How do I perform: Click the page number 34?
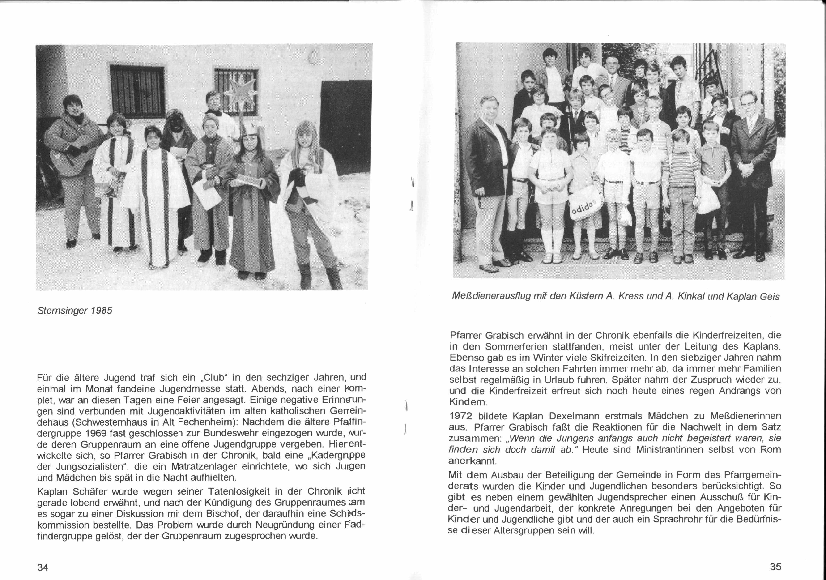(43, 567)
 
